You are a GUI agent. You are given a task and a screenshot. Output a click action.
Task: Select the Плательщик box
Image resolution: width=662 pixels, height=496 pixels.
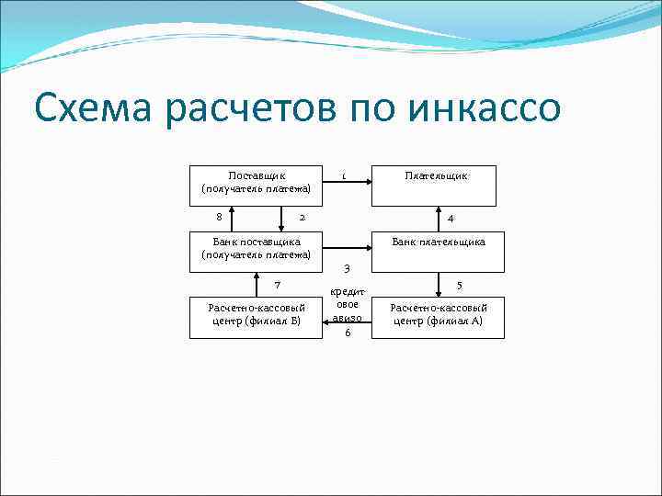(438, 185)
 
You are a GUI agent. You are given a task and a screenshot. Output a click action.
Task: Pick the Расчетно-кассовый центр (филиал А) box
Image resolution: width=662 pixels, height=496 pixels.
(438, 318)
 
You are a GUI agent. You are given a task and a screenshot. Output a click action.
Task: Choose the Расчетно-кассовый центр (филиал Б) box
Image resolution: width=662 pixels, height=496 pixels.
(257, 318)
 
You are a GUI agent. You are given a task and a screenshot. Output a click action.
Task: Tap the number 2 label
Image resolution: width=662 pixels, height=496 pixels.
(302, 218)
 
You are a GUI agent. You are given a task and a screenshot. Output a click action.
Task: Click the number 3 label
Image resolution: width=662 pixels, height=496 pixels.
(346, 268)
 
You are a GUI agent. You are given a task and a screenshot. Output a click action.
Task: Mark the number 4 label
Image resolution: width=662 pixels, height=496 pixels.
(451, 218)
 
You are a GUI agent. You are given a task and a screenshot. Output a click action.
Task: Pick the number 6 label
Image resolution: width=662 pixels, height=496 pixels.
(347, 333)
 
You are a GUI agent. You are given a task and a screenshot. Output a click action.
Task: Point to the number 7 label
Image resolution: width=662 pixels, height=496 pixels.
(277, 286)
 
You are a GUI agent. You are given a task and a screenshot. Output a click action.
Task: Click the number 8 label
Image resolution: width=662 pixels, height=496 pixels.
(218, 218)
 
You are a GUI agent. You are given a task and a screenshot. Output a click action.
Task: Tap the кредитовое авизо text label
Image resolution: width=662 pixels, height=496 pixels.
(347, 303)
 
